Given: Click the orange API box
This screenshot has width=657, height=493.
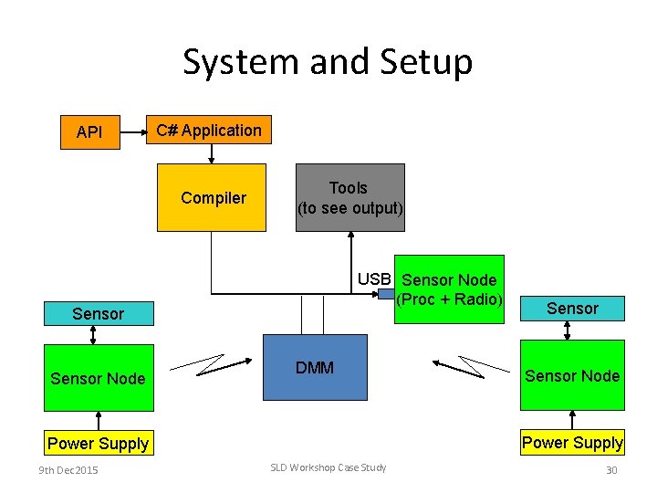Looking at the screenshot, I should point(89,132).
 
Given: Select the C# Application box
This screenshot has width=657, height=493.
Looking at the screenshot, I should point(209,131).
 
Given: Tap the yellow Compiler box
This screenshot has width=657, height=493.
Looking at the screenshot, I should point(212,197).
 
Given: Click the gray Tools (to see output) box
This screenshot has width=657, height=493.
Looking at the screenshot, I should point(349,197).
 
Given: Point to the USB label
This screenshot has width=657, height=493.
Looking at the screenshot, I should point(374,278).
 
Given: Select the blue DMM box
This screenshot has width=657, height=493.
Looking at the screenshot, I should point(315,367).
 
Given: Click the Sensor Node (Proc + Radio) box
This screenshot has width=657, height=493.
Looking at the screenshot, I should point(450,289).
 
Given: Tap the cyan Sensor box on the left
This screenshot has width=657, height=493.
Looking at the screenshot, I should point(98,314).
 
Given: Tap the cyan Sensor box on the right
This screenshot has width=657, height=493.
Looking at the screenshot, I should point(572,309).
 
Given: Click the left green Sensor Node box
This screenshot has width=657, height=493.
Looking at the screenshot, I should point(98,378).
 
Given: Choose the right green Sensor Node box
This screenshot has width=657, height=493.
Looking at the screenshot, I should point(572,375).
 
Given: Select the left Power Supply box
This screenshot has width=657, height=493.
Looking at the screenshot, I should point(98,444).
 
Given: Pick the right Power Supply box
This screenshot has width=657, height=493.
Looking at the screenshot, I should point(572,443).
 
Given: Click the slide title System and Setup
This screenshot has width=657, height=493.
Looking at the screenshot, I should point(328,62).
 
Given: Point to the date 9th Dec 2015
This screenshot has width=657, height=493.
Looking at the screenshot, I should point(68,469).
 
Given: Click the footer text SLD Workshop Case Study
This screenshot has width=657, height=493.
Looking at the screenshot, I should point(328,467).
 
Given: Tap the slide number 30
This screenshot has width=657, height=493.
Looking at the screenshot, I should point(611,469).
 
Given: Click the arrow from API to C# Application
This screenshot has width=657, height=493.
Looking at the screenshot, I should point(133,131).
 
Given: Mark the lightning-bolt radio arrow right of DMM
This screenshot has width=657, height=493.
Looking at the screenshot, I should point(471,365).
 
